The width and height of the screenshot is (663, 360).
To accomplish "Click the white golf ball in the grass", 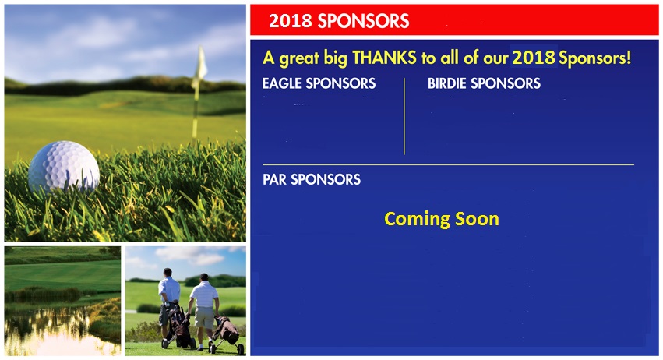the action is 64,167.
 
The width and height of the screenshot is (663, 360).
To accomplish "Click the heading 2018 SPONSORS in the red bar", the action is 339,21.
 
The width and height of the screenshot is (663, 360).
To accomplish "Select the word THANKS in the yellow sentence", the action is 384,58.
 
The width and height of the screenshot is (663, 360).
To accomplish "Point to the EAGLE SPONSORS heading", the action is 319,83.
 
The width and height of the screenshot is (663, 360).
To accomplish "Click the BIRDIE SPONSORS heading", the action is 484,83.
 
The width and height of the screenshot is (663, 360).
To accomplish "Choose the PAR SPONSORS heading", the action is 312,179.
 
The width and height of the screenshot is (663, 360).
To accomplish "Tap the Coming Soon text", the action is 442,219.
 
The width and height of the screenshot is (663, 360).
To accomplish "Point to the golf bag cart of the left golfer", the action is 178,324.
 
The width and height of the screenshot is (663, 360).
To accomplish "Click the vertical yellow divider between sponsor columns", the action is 404,116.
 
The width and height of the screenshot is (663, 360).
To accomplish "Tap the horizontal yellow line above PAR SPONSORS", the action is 448,164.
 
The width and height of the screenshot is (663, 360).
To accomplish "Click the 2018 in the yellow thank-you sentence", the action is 534,58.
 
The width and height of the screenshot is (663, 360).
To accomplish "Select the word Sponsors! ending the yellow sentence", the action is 595,58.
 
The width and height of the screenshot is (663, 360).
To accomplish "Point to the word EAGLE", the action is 281,83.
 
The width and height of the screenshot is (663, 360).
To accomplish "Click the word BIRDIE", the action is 447,83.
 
